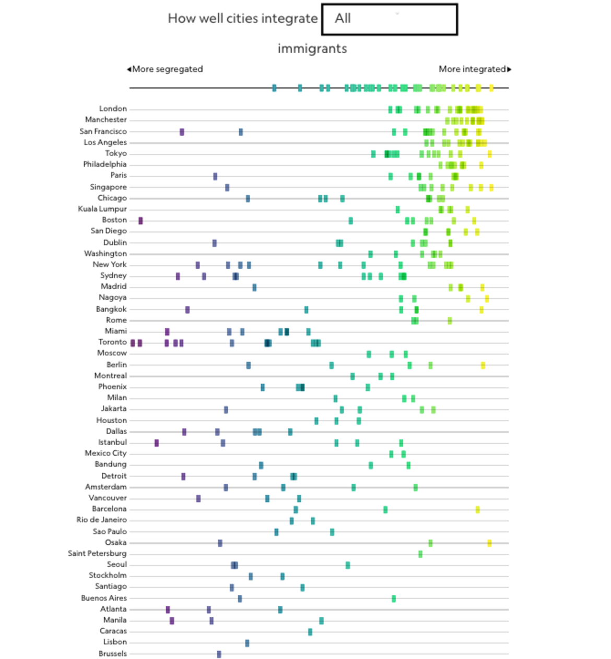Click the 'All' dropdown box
389,19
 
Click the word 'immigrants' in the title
312,49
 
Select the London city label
113,109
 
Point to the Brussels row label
113,653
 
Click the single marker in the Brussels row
219,654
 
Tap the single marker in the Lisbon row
247,643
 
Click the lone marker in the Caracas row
310,632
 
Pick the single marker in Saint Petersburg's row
420,554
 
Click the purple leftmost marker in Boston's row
140,221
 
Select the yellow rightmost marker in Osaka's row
489,543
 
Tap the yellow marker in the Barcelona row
477,509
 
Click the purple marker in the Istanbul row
157,442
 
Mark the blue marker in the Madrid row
254,287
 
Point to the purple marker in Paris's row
215,176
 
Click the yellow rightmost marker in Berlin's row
483,365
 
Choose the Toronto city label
112,342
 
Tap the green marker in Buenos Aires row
393,598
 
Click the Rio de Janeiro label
102,520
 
